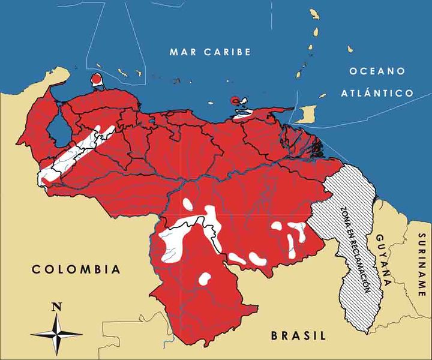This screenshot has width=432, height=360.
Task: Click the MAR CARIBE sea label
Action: (x=210, y=52)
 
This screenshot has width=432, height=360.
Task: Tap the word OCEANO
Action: (x=377, y=71)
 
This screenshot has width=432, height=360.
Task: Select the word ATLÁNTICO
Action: (x=377, y=93)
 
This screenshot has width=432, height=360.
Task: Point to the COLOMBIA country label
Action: (x=76, y=269)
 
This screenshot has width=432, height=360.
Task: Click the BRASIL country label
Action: (x=298, y=335)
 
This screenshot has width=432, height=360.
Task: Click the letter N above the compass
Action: (x=57, y=307)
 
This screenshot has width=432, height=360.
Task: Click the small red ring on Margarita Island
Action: (x=235, y=100)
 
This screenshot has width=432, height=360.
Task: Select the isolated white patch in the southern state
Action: (x=205, y=279)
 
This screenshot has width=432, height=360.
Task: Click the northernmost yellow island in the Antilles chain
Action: (x=313, y=14)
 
